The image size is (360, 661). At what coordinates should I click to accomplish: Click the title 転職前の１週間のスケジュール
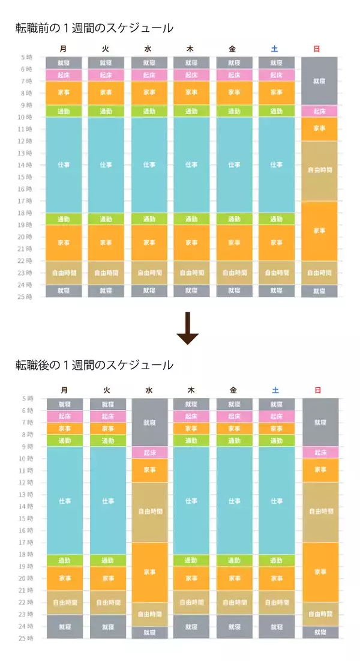tap(94, 28)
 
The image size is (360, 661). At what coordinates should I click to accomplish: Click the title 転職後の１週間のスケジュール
tap(94, 365)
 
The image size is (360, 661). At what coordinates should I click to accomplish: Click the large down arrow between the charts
tap(187, 328)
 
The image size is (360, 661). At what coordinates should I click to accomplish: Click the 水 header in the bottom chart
tap(149, 390)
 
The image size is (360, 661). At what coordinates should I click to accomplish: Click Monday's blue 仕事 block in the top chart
tap(64, 164)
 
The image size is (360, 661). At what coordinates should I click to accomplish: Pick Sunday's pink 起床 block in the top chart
tap(319, 111)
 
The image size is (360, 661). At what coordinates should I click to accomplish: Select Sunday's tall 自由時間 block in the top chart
tap(319, 171)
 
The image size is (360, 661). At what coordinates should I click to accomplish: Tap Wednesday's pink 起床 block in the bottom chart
tap(149, 452)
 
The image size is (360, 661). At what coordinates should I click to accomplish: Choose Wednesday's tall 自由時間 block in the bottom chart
tap(149, 512)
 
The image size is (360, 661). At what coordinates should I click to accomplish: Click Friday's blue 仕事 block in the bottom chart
tap(233, 500)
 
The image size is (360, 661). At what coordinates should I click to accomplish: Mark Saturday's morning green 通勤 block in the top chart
tap(276, 111)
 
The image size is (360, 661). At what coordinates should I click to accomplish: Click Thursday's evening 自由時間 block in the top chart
tap(191, 273)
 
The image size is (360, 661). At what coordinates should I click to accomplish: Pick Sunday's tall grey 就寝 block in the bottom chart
tap(319, 422)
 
